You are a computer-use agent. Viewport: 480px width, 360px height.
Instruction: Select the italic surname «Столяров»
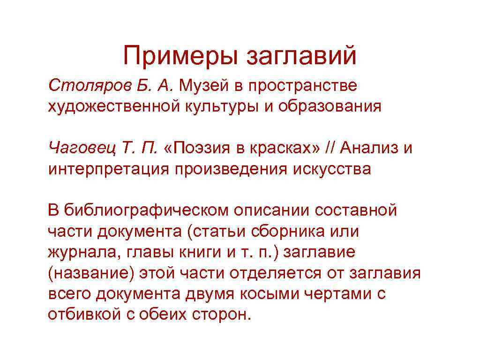[80, 86]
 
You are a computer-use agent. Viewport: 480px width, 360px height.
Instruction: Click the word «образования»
[330, 106]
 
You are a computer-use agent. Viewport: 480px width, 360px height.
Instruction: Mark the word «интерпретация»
[108, 169]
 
